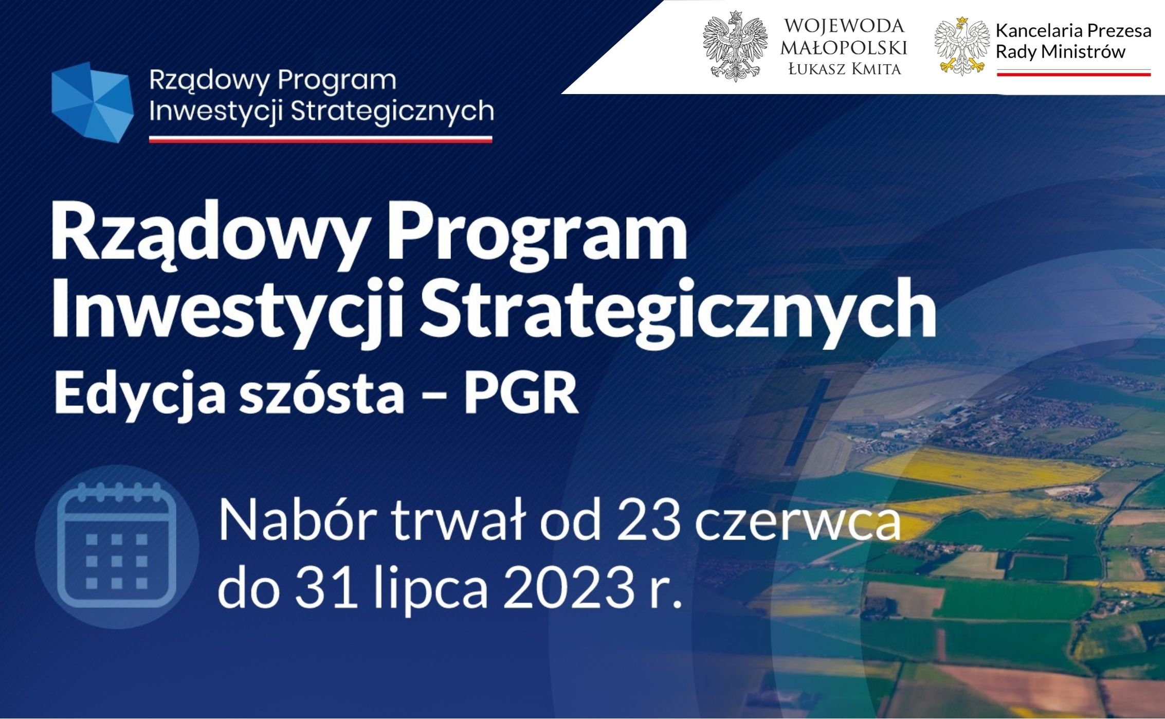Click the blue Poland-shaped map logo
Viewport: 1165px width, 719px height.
93,102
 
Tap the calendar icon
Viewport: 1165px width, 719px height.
117,546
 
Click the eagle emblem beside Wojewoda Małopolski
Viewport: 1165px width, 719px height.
735,46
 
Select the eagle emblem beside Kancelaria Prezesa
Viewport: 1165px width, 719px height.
962,46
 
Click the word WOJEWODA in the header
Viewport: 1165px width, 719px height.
844,26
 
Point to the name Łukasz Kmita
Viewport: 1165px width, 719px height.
845,69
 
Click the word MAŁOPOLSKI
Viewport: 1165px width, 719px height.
844,48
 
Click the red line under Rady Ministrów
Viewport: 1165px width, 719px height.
1073,75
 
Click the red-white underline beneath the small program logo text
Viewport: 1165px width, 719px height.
320,139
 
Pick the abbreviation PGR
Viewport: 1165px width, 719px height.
521,393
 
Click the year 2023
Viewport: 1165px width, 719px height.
570,588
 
